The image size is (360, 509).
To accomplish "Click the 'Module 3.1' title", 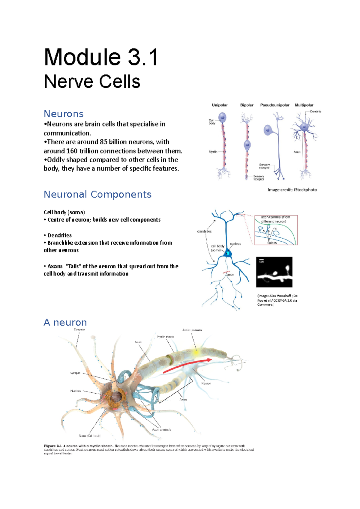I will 101,58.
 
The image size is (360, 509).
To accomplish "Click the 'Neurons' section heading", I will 64,114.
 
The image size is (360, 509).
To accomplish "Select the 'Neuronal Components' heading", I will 97,195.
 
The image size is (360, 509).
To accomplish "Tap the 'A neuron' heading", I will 65,323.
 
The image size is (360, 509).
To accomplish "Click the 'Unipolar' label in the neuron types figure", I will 220,105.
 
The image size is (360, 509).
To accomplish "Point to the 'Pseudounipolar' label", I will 274,105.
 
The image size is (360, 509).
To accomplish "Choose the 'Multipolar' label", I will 304,105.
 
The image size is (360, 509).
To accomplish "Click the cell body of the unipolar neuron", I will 222,118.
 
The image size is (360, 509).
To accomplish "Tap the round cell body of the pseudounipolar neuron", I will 268,130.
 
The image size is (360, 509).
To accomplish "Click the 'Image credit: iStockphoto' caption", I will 292,190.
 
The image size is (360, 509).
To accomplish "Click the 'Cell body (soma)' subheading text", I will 64,212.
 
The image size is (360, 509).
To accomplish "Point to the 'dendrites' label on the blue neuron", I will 204,231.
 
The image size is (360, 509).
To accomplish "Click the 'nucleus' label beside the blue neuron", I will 235,244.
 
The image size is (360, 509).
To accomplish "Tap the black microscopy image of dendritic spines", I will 274,272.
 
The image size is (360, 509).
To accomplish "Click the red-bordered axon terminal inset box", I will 276,230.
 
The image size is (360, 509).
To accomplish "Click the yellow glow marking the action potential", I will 196,353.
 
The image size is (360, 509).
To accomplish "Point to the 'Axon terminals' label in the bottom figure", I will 161,430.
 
